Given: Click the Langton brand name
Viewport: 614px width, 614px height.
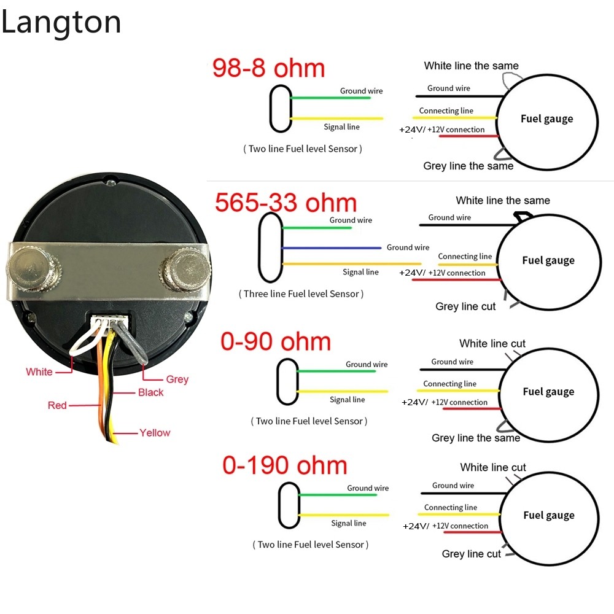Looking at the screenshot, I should tap(61, 23).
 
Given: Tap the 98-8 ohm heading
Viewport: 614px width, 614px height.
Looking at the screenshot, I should tap(268, 68).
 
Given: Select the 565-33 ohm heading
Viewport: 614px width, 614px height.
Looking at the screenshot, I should tap(286, 203).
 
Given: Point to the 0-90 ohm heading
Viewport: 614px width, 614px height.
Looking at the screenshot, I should tap(276, 341).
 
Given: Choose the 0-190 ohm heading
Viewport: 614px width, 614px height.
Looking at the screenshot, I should tap(285, 465).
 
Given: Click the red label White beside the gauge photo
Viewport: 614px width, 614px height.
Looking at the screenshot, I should tap(39, 371).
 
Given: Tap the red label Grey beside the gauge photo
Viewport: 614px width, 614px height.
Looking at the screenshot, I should tap(177, 379).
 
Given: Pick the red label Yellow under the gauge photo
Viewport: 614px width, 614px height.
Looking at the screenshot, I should tap(155, 433).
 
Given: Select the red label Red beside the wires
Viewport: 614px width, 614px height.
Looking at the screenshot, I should tap(57, 405).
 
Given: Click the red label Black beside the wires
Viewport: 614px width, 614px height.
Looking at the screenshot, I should tap(151, 392).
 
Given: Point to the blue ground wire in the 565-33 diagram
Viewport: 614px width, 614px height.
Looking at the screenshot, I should tap(332, 248).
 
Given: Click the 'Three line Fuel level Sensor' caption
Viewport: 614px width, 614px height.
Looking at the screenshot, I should tap(301, 293).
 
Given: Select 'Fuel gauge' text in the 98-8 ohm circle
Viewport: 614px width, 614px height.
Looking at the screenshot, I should tap(547, 119).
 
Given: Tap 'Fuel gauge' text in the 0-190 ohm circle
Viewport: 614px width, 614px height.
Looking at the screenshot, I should tap(549, 515).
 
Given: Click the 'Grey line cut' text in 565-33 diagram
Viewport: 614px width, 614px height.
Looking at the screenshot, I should tap(465, 306).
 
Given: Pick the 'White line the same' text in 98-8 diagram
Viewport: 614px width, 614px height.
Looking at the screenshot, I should tap(471, 66).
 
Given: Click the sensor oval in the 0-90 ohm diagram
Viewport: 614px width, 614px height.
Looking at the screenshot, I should tap(286, 381).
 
